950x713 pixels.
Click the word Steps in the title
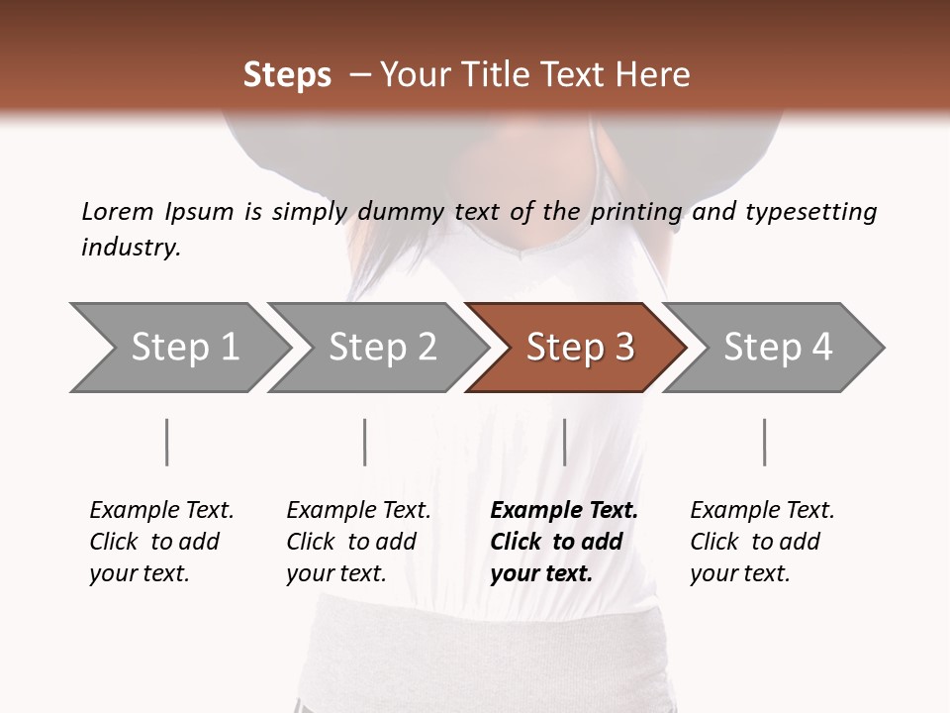pyautogui.click(x=287, y=74)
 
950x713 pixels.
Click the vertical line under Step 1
pyautogui.click(x=167, y=442)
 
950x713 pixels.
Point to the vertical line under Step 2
pyautogui.click(x=365, y=442)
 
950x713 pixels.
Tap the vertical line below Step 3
pyautogui.click(x=564, y=442)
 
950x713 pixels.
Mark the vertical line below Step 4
pyautogui.click(x=764, y=442)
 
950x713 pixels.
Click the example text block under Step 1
pyautogui.click(x=161, y=542)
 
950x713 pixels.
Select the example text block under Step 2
pyautogui.click(x=358, y=542)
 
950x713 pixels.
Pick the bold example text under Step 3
pyautogui.click(x=564, y=542)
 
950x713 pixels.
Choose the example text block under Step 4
pyautogui.click(x=762, y=542)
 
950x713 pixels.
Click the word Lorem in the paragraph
pyautogui.click(x=117, y=211)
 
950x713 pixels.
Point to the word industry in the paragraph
pyautogui.click(x=131, y=247)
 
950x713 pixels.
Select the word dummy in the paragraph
pyautogui.click(x=401, y=211)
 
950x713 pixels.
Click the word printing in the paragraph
pyautogui.click(x=636, y=211)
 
